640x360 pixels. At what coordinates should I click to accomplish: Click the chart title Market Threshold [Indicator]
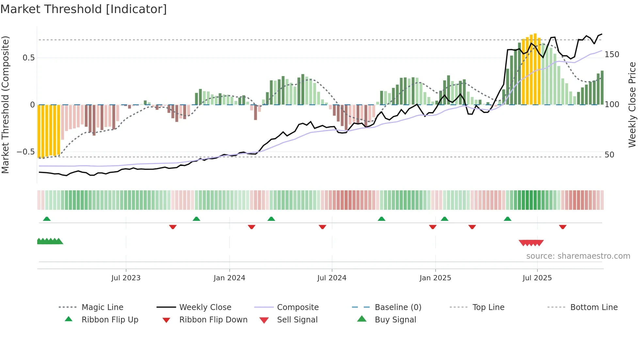click(x=84, y=9)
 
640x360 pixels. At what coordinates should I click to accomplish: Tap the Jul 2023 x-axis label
click(x=126, y=278)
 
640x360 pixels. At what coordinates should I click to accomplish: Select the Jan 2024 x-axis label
click(x=229, y=278)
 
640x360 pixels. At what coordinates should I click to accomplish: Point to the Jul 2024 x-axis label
click(x=332, y=278)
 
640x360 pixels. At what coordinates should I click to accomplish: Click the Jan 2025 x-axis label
click(x=435, y=278)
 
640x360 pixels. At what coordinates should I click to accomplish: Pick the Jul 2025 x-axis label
click(x=537, y=278)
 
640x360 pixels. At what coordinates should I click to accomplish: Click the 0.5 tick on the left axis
click(x=29, y=58)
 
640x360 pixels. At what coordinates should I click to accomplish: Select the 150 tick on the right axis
click(x=612, y=55)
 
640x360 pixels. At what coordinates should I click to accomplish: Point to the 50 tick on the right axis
click(x=609, y=155)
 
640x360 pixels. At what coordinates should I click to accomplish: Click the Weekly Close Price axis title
click(x=632, y=105)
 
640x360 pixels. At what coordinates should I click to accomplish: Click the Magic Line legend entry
click(x=102, y=307)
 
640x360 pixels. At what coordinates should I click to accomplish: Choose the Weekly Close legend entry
click(x=205, y=307)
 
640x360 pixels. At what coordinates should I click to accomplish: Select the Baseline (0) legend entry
click(x=398, y=307)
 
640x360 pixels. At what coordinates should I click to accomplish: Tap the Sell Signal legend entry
click(x=297, y=320)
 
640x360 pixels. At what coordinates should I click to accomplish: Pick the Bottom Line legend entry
click(x=594, y=307)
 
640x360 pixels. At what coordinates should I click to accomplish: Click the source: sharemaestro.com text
click(x=578, y=256)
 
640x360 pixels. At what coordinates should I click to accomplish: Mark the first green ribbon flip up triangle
click(x=47, y=219)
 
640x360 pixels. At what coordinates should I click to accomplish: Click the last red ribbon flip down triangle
click(x=563, y=227)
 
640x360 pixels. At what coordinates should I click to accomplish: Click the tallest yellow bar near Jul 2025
click(x=535, y=69)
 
